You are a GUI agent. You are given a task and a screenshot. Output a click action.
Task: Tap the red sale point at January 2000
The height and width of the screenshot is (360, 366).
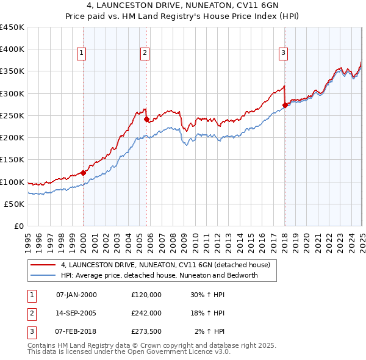tap(84, 173)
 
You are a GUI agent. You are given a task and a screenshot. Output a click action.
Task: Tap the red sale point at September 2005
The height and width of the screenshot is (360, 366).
tap(147, 120)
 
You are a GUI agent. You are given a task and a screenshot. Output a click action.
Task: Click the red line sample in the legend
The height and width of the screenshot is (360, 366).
tap(43, 265)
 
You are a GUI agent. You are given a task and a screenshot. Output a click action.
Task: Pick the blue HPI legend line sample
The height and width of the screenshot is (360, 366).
tap(43, 275)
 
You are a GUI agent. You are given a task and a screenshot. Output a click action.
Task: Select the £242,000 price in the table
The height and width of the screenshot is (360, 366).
tap(146, 313)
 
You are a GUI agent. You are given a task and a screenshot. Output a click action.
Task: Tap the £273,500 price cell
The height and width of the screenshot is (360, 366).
tap(146, 331)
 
